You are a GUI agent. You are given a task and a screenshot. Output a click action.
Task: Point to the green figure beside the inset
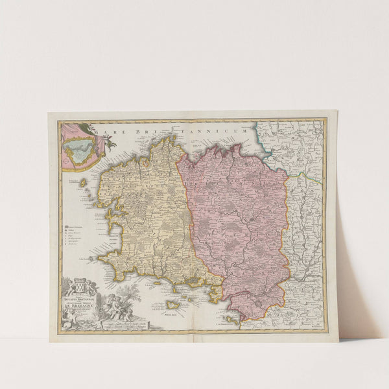coord(108,141)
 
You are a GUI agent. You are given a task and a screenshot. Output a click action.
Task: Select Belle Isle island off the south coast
coord(173,304)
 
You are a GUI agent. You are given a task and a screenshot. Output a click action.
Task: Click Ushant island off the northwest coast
coord(83,183)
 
